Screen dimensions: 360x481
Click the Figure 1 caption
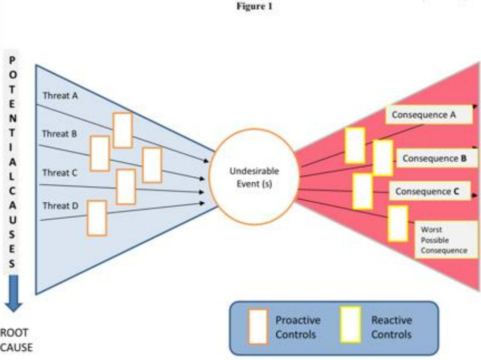pyautogui.click(x=255, y=7)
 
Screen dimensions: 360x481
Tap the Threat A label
pyautogui.click(x=60, y=95)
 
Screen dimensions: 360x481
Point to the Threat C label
pyautogui.click(x=59, y=173)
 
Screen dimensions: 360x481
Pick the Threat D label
pyautogui.click(x=60, y=206)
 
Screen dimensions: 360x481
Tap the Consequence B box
pyautogui.click(x=438, y=158)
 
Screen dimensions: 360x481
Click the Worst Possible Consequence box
pyautogui.click(x=444, y=240)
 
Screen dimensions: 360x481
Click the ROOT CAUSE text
pyautogui.click(x=16, y=340)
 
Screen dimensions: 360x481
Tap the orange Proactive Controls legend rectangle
pyautogui.click(x=257, y=326)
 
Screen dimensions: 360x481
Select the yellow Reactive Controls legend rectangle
pyautogui.click(x=351, y=325)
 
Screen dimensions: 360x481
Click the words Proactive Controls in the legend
pyautogui.click(x=298, y=327)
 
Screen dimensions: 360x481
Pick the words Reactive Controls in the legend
pyautogui.click(x=391, y=327)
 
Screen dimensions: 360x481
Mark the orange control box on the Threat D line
pyautogui.click(x=97, y=218)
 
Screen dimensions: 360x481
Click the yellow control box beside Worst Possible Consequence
pyautogui.click(x=398, y=223)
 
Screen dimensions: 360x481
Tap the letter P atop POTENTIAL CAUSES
pyautogui.click(x=13, y=60)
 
